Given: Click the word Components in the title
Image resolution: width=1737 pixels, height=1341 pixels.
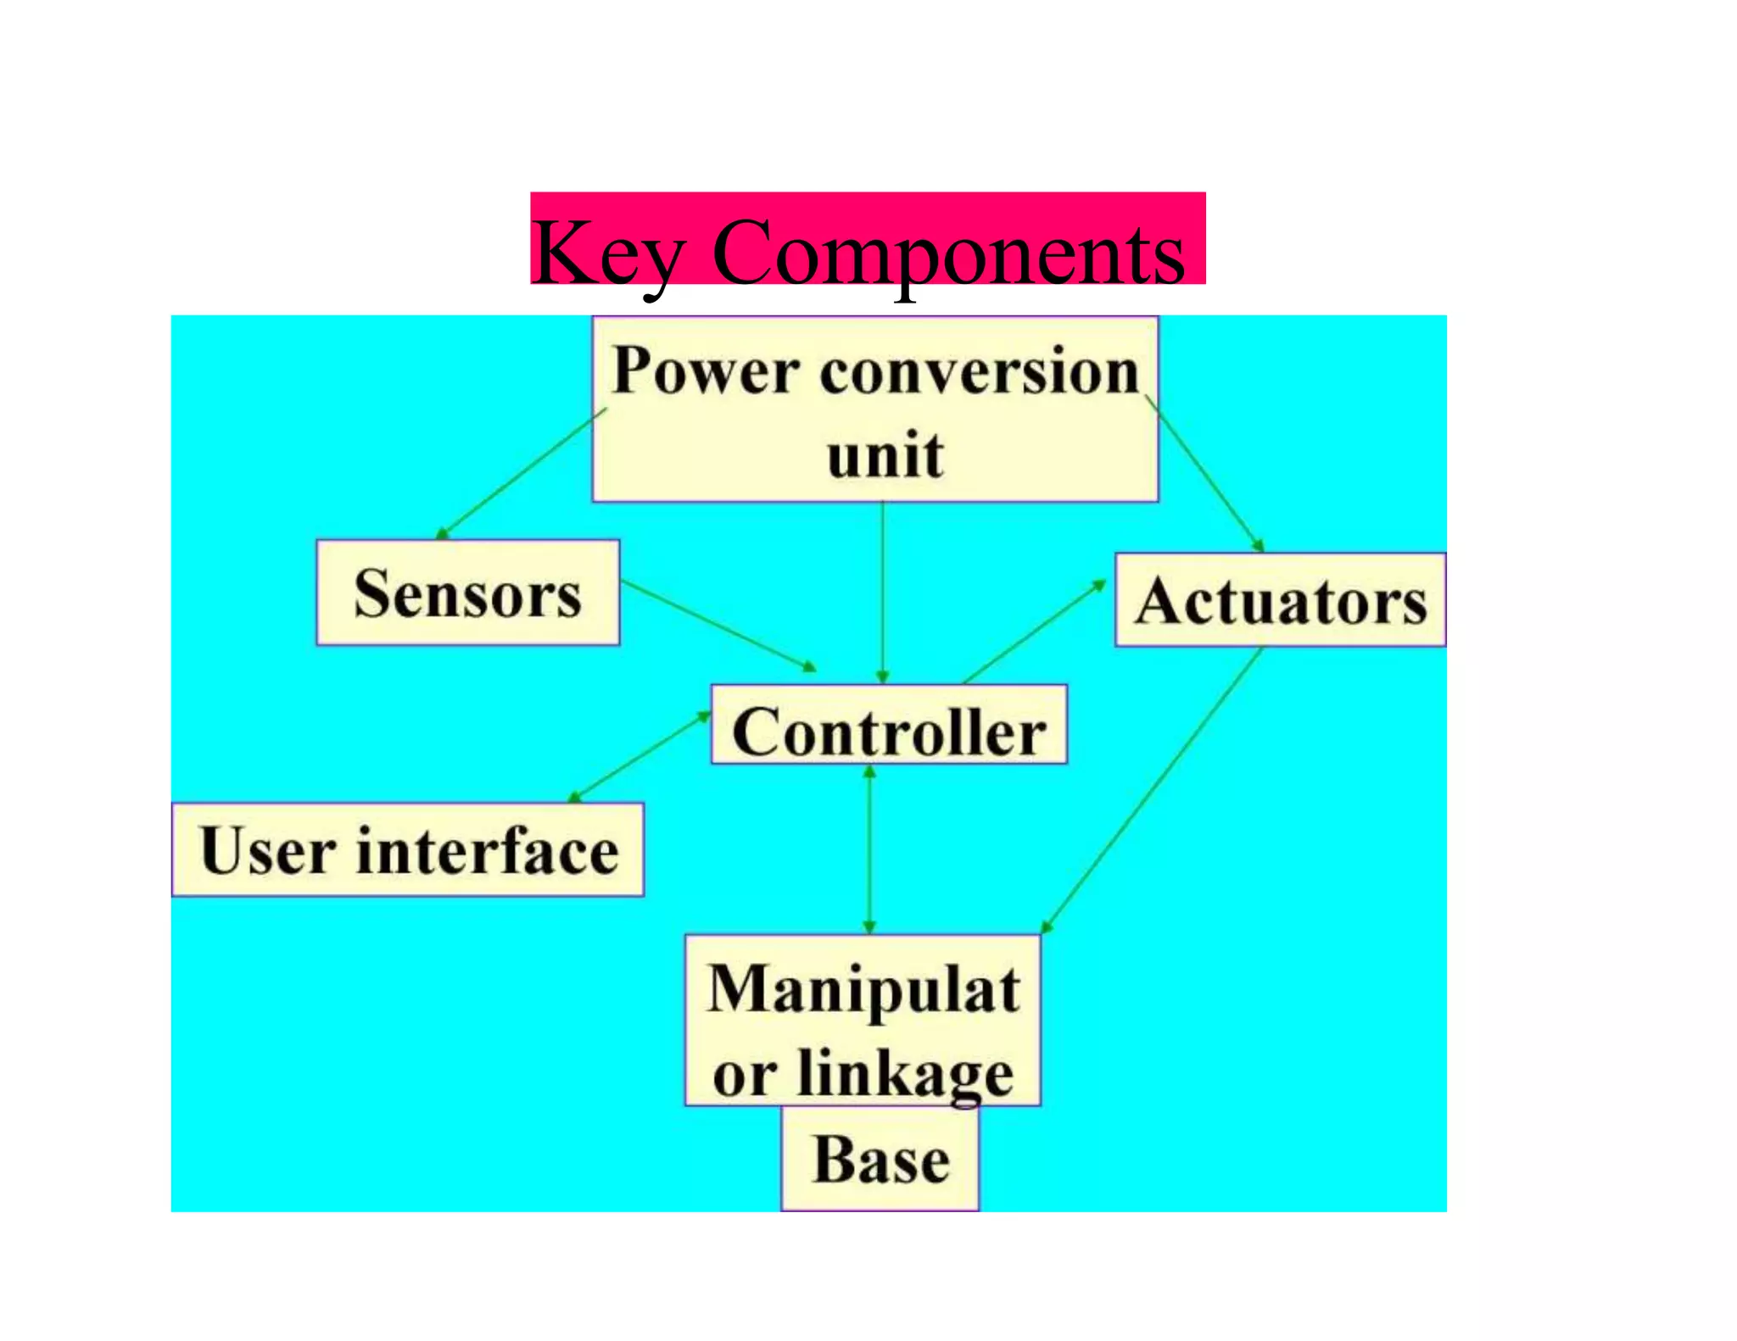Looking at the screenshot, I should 948,253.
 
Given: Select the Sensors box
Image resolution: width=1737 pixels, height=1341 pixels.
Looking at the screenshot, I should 467,593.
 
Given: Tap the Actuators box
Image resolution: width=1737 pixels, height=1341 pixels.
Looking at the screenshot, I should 1280,601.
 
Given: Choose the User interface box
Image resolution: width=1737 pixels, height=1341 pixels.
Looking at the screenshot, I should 408,849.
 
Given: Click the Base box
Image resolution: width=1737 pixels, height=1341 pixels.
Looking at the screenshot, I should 880,1160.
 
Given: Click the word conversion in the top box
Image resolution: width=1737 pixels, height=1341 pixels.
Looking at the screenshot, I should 979,370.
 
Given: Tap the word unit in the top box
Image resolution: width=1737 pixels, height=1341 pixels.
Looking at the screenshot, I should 885,455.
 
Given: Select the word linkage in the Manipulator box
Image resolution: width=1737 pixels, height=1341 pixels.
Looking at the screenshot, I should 905,1073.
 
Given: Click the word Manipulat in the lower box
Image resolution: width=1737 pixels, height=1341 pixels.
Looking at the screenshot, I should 863,989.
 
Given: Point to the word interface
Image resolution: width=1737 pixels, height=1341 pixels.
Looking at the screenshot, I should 488,850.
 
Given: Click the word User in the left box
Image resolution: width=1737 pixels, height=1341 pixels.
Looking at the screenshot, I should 267,850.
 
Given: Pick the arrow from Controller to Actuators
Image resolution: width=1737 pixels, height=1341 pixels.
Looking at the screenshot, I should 1035,632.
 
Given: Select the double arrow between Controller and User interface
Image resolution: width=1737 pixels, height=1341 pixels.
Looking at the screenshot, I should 639,756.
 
